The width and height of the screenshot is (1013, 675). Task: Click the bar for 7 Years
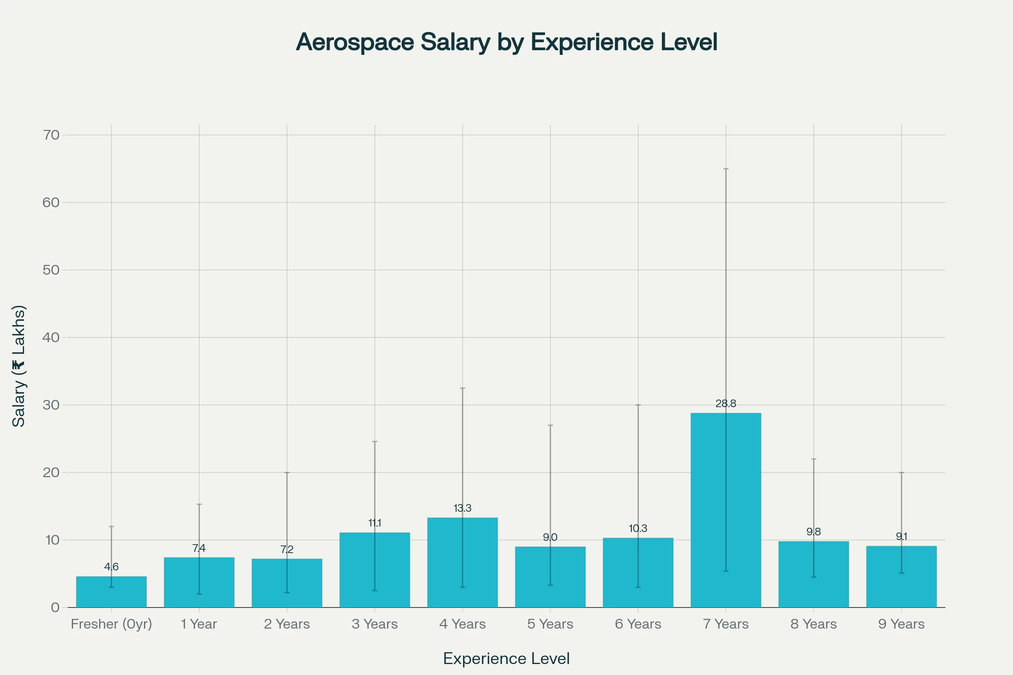726,510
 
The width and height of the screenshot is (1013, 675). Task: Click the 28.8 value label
726,404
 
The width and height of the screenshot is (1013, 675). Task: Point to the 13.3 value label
463,508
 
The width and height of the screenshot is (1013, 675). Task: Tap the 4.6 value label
111,567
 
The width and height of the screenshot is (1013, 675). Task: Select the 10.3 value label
638,529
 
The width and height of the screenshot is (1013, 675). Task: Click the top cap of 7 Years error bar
726,169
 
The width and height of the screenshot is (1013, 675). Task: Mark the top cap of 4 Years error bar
463,388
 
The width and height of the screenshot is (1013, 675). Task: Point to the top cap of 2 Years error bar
287,472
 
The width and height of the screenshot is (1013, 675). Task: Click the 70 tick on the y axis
51,135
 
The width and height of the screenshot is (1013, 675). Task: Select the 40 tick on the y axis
51,337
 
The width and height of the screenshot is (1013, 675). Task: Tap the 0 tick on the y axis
55,607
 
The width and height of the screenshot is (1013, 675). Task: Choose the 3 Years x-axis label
375,624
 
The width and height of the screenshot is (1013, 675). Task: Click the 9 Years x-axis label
902,624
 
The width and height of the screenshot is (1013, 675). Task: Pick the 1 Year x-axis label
199,624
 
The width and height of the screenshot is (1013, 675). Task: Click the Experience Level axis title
506,659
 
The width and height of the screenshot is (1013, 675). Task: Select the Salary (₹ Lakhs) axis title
19,366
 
